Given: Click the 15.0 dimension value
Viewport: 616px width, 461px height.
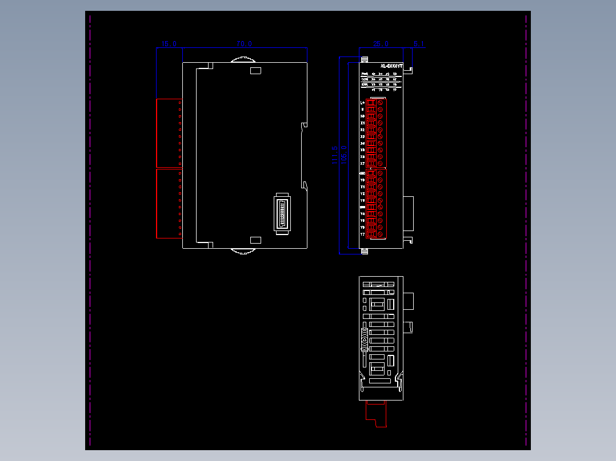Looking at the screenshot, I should tap(169, 44).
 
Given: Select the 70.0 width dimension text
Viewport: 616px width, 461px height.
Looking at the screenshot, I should tap(244, 44).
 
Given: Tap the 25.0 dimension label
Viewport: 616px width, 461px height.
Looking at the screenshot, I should tap(381, 44).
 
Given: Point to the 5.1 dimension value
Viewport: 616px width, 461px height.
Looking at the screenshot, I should tap(418, 44).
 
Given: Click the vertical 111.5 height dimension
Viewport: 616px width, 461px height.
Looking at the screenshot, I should tap(335, 155).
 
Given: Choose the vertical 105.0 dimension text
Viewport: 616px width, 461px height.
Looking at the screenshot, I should tap(344, 155).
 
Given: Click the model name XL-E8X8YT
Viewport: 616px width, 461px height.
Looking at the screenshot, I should tap(391, 66).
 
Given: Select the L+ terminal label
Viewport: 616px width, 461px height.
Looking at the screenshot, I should tap(362, 103).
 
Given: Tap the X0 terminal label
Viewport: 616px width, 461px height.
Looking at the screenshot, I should tap(362, 116).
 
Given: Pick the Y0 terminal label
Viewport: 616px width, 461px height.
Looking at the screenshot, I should tap(362, 180).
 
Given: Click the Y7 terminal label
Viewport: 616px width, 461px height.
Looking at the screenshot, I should tap(362, 234).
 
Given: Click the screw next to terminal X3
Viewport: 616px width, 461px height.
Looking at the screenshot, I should tap(380, 136).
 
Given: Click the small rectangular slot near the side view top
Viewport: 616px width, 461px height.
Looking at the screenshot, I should tap(255, 71).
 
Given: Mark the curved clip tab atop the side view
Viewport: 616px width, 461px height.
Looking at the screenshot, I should tap(242, 59).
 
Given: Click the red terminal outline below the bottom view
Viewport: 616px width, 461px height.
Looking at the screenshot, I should tap(377, 414).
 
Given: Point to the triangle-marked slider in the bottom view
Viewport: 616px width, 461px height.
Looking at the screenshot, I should tap(363, 341).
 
